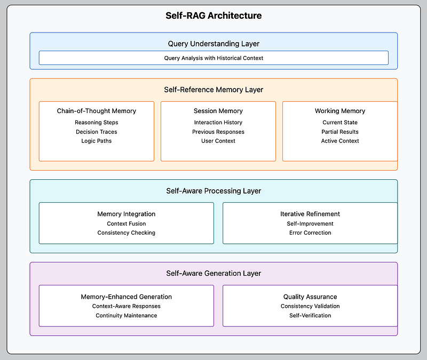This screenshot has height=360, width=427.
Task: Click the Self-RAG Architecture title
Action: click(x=213, y=15)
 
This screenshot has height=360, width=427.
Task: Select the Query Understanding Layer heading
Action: click(x=213, y=44)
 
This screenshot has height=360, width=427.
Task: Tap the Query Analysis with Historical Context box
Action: click(x=213, y=58)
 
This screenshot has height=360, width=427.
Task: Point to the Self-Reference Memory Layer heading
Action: click(x=213, y=90)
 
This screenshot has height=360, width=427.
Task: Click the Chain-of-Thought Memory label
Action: click(x=97, y=111)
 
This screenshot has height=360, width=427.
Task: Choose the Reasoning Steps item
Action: click(x=97, y=123)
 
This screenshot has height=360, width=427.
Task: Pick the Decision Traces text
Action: click(x=97, y=132)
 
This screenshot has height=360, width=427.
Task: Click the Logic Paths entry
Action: click(x=97, y=141)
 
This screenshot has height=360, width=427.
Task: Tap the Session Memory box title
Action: click(x=218, y=111)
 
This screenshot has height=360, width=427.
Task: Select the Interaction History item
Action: click(x=218, y=123)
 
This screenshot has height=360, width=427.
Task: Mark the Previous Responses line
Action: click(x=218, y=132)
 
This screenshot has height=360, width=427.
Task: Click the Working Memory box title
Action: click(x=340, y=111)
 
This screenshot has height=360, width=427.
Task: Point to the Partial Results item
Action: click(x=340, y=132)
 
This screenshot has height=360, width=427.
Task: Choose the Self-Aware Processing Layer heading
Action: click(x=213, y=191)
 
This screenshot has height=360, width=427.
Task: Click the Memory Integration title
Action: click(x=126, y=214)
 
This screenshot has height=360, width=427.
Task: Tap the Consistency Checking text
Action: click(x=126, y=233)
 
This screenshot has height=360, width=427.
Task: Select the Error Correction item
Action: click(x=310, y=233)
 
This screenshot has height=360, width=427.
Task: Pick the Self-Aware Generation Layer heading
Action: click(x=213, y=273)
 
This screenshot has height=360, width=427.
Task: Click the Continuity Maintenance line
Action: click(x=126, y=315)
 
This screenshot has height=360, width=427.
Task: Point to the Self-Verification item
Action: click(x=310, y=315)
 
